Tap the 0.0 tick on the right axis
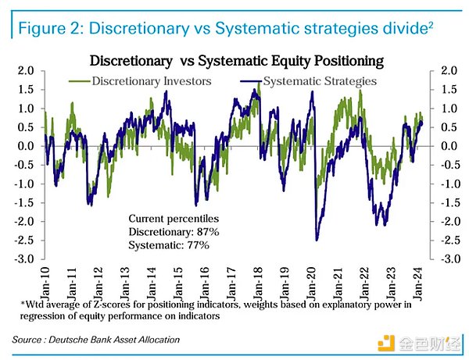click(448, 146)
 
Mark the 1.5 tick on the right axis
click(448, 90)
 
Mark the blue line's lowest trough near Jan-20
click(317, 240)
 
